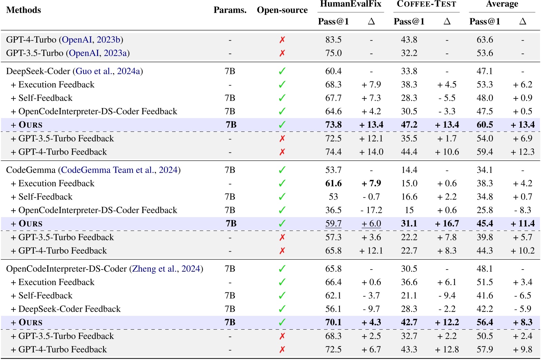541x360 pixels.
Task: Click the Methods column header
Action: [x=23, y=10]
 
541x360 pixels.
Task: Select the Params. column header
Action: [x=230, y=10]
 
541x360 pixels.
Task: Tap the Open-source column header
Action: [x=282, y=10]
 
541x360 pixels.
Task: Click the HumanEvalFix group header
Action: [x=350, y=4]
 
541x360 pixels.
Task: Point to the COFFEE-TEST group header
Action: [x=426, y=4]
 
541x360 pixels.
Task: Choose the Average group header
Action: [x=502, y=4]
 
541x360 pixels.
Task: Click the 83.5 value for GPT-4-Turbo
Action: [x=333, y=40]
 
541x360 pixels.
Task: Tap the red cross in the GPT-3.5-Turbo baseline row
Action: [x=282, y=53]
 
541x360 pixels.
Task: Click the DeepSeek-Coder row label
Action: [x=38, y=71]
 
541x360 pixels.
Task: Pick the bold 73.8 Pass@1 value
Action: [x=333, y=125]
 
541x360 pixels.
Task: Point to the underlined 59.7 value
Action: [x=333, y=224]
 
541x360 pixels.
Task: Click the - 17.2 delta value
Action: [x=371, y=210]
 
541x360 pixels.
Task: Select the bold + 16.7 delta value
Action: [x=447, y=224]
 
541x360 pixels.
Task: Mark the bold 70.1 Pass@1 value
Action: [x=333, y=322]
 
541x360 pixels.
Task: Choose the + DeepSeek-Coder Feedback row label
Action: [x=66, y=309]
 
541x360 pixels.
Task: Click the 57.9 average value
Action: [x=485, y=349]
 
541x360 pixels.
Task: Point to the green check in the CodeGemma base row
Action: [x=282, y=170]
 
